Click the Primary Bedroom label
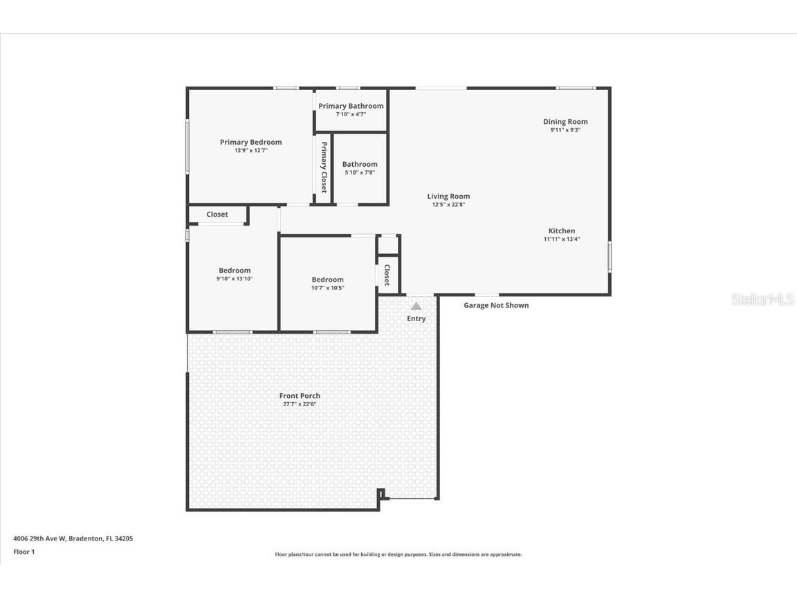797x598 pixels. pyautogui.click(x=250, y=142)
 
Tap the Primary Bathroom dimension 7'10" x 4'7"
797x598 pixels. pyautogui.click(x=351, y=114)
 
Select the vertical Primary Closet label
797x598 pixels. pyautogui.click(x=323, y=167)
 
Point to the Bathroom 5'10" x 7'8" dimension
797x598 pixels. pyautogui.click(x=360, y=173)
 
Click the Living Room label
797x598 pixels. pyautogui.click(x=448, y=196)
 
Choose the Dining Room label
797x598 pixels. pyautogui.click(x=565, y=122)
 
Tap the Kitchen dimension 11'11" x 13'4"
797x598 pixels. pyautogui.click(x=562, y=239)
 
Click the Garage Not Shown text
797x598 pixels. pyautogui.click(x=496, y=305)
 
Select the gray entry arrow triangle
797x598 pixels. pyautogui.click(x=416, y=305)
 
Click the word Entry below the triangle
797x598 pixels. pyautogui.click(x=416, y=318)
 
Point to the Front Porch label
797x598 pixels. pyautogui.click(x=300, y=396)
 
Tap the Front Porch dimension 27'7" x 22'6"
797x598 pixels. pyautogui.click(x=300, y=404)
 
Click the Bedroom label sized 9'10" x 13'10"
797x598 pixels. pyautogui.click(x=235, y=270)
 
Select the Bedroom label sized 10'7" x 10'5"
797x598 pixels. pyautogui.click(x=327, y=280)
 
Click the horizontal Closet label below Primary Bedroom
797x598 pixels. pyautogui.click(x=217, y=215)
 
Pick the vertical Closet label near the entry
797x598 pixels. pyautogui.click(x=387, y=275)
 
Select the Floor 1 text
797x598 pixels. pyautogui.click(x=24, y=552)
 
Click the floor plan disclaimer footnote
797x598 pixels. pyautogui.click(x=398, y=554)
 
